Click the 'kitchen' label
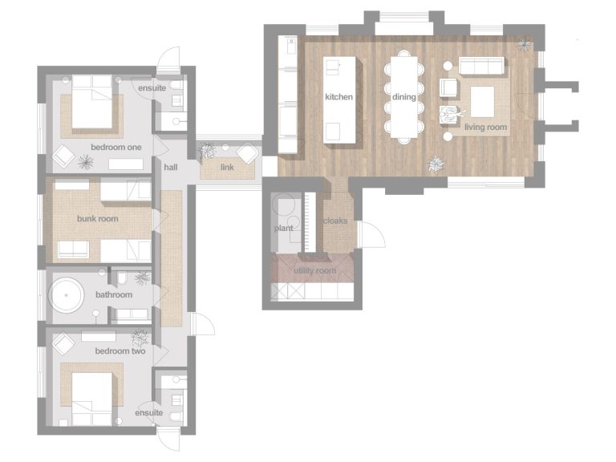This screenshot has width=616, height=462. tap(338, 96)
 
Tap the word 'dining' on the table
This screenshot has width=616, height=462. tap(404, 96)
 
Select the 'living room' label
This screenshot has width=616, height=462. tap(485, 127)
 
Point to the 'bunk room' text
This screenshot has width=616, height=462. tap(97, 218)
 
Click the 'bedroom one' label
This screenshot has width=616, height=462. tap(115, 148)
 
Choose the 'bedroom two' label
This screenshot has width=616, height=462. tap(120, 351)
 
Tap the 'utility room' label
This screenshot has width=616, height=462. tap(314, 270)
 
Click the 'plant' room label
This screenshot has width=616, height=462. tap(283, 229)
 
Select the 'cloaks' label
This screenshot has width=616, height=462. tap(335, 221)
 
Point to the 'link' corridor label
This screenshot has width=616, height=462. tap(227, 168)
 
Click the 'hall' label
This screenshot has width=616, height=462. tap(171, 168)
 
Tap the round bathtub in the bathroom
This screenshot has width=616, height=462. tap(66, 295)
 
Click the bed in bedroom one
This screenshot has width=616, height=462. tap(92, 102)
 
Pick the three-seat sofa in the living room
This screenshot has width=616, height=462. tap(481, 66)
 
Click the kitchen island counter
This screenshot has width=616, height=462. tap(339, 100)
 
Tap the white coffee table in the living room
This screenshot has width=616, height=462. tap(482, 102)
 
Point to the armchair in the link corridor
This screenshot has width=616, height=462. tap(248, 153)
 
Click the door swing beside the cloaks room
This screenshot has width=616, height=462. tap(372, 234)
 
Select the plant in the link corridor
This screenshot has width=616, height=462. tap(207, 151)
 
